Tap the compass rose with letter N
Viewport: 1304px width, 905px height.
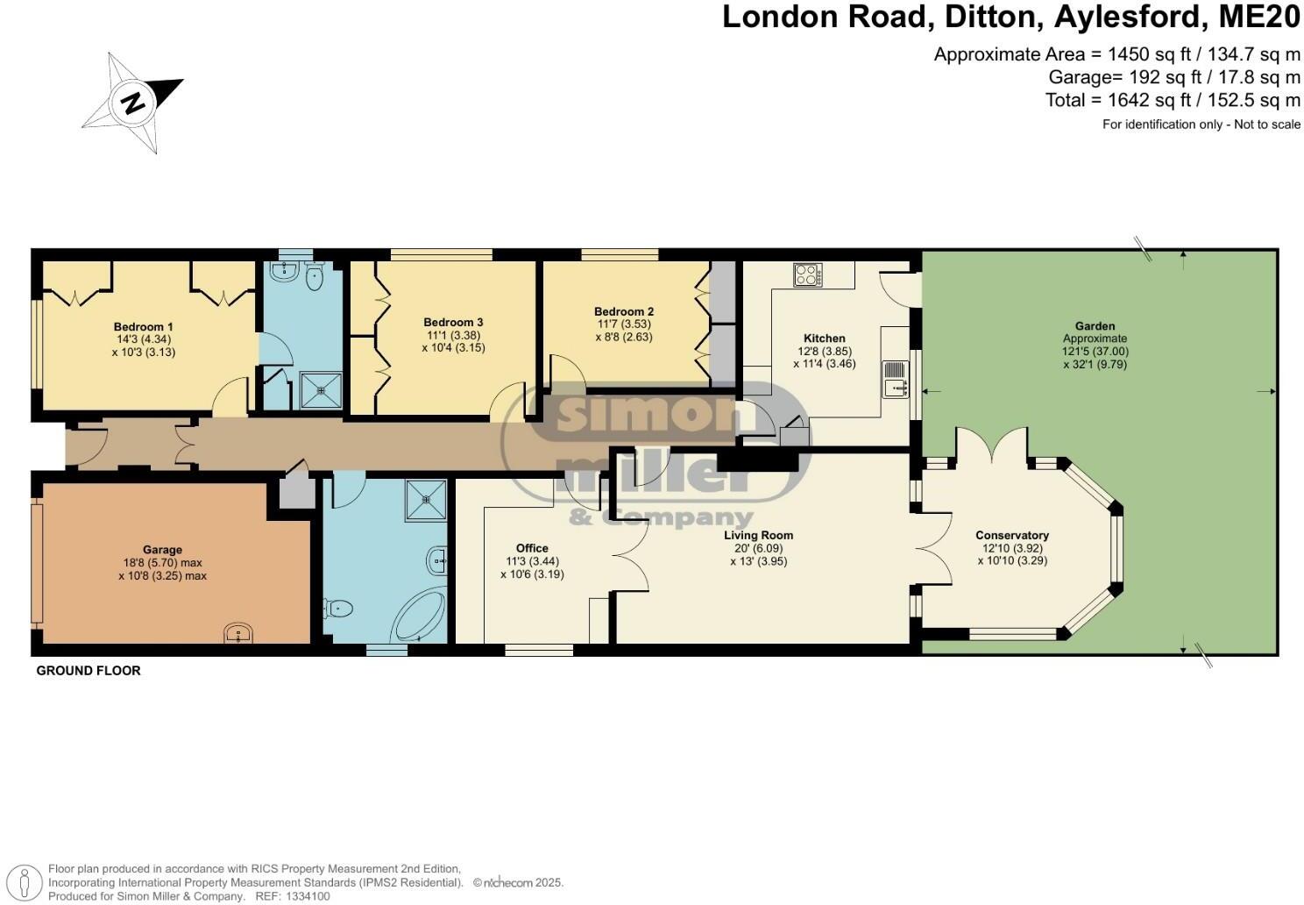pyautogui.click(x=133, y=103)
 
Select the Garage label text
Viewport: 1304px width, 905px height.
pyautogui.click(x=162, y=550)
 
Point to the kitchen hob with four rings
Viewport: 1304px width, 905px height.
pyautogui.click(x=808, y=275)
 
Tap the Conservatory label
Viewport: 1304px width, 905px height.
pyautogui.click(x=1012, y=535)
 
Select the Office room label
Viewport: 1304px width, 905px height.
pyautogui.click(x=532, y=548)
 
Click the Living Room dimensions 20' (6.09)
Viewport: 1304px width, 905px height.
pyautogui.click(x=758, y=548)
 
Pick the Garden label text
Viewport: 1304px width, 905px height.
pyautogui.click(x=1095, y=326)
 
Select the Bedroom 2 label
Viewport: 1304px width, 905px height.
pyautogui.click(x=623, y=311)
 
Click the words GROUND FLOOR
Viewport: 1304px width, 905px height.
pyautogui.click(x=88, y=671)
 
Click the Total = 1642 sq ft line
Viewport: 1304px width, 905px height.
pyautogui.click(x=1173, y=100)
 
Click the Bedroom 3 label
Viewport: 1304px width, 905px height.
pyautogui.click(x=453, y=322)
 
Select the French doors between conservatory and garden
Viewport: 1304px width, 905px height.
pyautogui.click(x=991, y=445)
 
